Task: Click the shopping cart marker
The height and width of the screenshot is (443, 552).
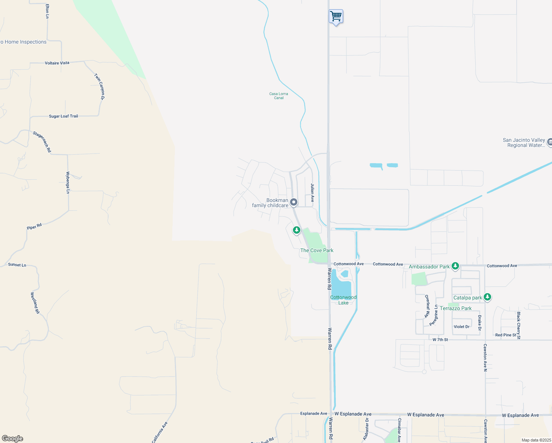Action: pyautogui.click(x=336, y=17)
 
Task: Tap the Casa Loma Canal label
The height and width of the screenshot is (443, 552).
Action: pyautogui.click(x=279, y=96)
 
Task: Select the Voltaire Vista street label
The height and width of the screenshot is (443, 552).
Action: pyautogui.click(x=57, y=63)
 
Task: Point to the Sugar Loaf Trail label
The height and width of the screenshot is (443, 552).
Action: pyautogui.click(x=63, y=116)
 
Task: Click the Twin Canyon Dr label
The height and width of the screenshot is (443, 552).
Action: pyautogui.click(x=99, y=87)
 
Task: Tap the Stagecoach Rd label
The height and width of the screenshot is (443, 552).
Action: pyautogui.click(x=42, y=142)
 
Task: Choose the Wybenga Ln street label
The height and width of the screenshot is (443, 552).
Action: pyautogui.click(x=68, y=182)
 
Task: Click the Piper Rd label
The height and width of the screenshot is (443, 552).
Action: pyautogui.click(x=34, y=227)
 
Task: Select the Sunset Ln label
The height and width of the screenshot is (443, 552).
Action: pyautogui.click(x=17, y=265)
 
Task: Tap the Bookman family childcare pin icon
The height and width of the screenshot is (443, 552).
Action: pyautogui.click(x=294, y=202)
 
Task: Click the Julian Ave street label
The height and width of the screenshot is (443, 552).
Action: pyautogui.click(x=312, y=193)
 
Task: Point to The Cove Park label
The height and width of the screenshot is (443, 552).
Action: pyautogui.click(x=317, y=250)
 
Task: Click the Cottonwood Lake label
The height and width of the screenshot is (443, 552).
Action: pyautogui.click(x=343, y=300)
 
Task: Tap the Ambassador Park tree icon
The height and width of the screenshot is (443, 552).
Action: pyautogui.click(x=455, y=266)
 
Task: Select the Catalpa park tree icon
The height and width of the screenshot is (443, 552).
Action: pyautogui.click(x=487, y=297)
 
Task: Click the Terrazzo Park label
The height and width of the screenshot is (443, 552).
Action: pyautogui.click(x=456, y=308)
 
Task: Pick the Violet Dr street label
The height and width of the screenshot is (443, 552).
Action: pyautogui.click(x=462, y=327)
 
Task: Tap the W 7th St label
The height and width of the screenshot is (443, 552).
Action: pyautogui.click(x=440, y=340)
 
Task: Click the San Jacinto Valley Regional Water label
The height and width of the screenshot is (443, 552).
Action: pyautogui.click(x=524, y=142)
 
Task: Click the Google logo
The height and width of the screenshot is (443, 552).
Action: pyautogui.click(x=13, y=439)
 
